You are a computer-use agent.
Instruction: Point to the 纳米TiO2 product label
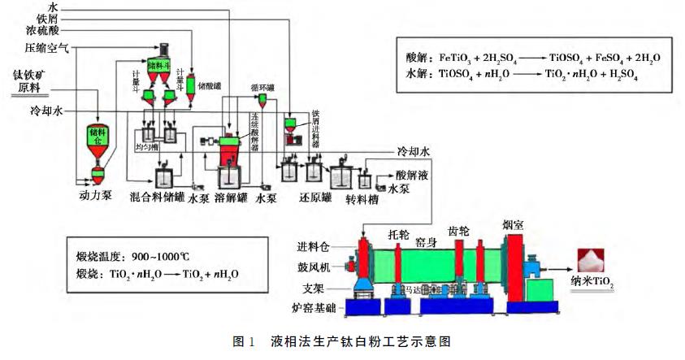click(593, 285)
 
